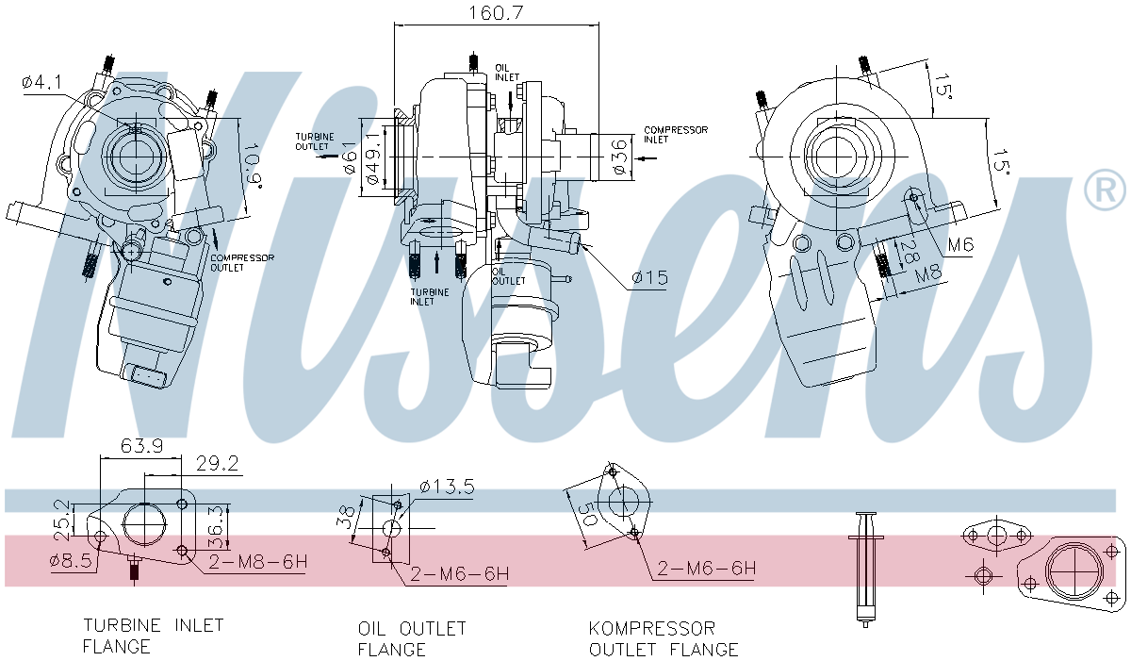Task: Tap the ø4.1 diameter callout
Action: (x=41, y=83)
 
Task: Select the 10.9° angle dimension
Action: (x=249, y=165)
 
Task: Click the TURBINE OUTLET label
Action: (x=314, y=141)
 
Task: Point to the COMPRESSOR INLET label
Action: (x=675, y=135)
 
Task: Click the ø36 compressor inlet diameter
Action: (x=619, y=156)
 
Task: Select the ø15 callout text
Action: (x=649, y=278)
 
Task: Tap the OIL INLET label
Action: (x=507, y=73)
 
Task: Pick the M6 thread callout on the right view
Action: (x=960, y=245)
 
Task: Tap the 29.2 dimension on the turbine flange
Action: (x=216, y=464)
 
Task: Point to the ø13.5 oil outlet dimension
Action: (x=447, y=487)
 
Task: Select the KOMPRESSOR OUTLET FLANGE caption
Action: (x=664, y=638)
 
